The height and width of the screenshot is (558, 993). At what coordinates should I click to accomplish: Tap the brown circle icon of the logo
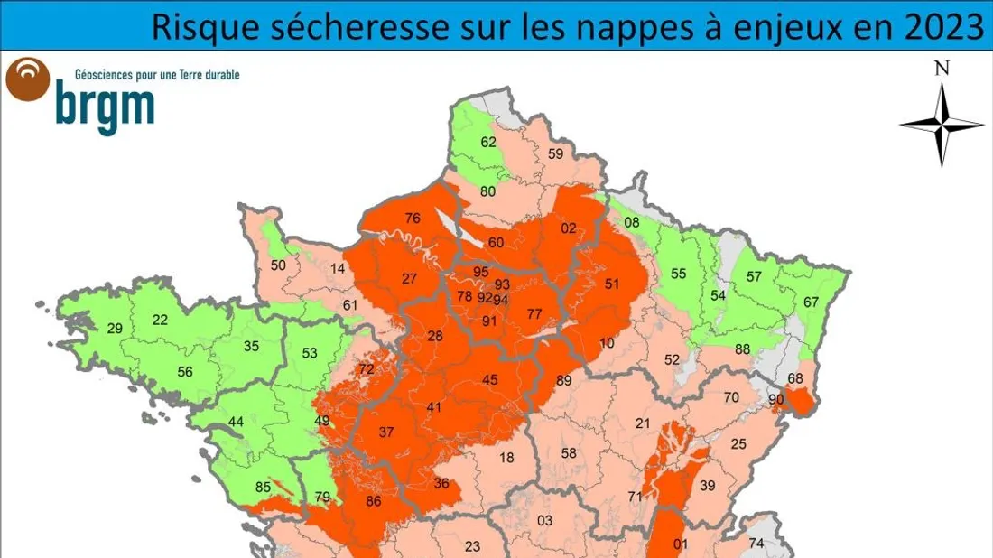pyautogui.click(x=27, y=79)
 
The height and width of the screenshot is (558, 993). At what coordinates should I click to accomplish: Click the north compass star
pyautogui.click(x=942, y=125)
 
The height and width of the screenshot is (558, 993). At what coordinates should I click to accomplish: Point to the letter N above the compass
pyautogui.click(x=942, y=68)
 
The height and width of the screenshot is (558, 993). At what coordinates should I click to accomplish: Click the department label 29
pyautogui.click(x=115, y=329)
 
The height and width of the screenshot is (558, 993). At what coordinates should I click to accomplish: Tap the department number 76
pyautogui.click(x=413, y=219)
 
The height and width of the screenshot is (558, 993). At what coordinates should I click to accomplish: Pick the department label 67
pyautogui.click(x=811, y=302)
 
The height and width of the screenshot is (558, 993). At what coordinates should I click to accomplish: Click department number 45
pyautogui.click(x=490, y=380)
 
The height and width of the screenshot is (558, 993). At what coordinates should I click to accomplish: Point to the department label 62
pyautogui.click(x=488, y=142)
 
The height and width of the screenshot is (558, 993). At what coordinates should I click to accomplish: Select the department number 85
pyautogui.click(x=263, y=488)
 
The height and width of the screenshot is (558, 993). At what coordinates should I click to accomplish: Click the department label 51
pyautogui.click(x=613, y=284)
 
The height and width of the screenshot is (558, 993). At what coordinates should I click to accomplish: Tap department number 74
pyautogui.click(x=756, y=543)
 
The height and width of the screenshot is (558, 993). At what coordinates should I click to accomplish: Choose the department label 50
pyautogui.click(x=278, y=265)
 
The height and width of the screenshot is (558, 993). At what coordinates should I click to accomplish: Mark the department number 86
pyautogui.click(x=374, y=502)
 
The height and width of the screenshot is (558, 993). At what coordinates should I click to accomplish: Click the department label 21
pyautogui.click(x=643, y=423)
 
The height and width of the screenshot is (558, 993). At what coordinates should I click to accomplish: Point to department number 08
pyautogui.click(x=632, y=223)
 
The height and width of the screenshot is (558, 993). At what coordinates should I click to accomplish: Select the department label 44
pyautogui.click(x=237, y=422)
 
